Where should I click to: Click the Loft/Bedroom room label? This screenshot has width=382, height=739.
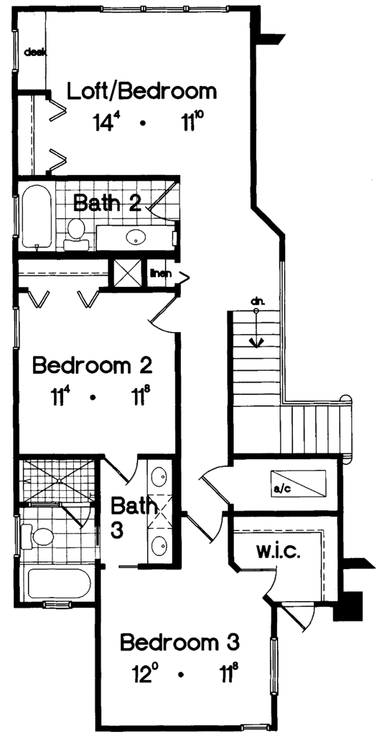tap(142, 92)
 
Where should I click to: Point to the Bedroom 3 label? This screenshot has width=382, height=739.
tap(180, 643)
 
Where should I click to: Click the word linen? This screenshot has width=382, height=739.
tap(160, 274)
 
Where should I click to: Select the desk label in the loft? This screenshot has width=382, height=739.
tap(32, 53)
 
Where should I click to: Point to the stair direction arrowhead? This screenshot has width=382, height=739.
tap(256, 343)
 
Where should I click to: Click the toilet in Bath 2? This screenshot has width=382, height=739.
tap(76, 232)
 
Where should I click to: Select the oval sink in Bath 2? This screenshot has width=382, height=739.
tap(136, 237)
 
